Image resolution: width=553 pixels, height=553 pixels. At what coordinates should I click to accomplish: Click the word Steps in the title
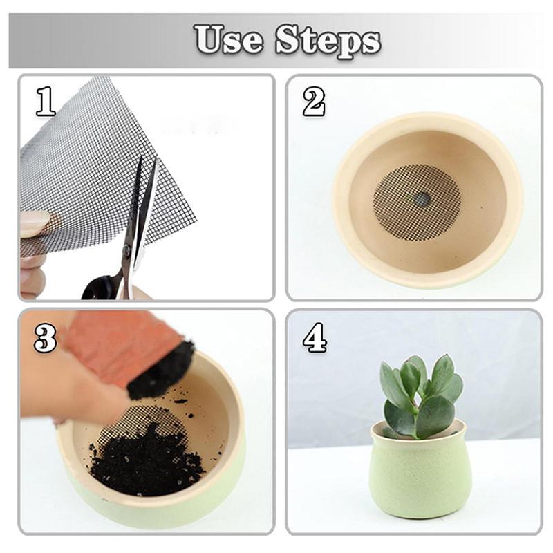click(328, 39)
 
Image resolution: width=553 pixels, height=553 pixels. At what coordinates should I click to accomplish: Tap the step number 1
click(46, 102)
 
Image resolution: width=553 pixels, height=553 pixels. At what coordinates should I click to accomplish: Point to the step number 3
click(45, 338)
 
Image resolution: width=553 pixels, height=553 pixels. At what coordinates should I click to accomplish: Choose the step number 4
click(314, 338)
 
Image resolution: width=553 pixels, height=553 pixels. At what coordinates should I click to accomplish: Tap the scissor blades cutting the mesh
click(142, 207)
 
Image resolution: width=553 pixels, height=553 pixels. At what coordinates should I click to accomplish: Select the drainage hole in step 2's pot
click(421, 200)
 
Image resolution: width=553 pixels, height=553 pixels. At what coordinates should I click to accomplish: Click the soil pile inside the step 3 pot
click(145, 463)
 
